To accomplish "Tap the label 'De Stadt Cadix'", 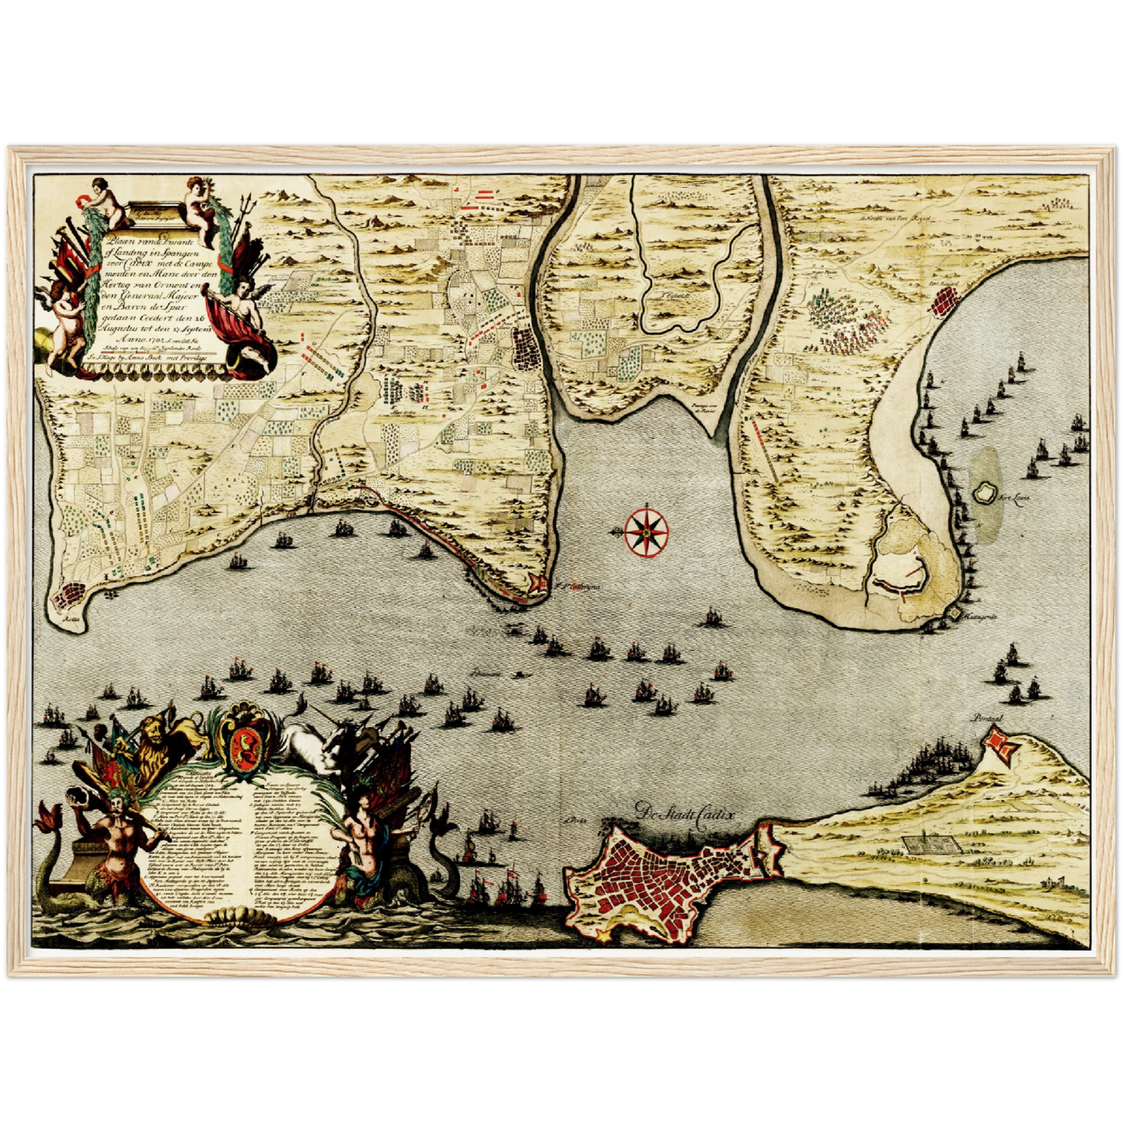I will point(683,812).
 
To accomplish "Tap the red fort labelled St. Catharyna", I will point(535,584).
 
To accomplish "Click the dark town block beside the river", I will point(528,348).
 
